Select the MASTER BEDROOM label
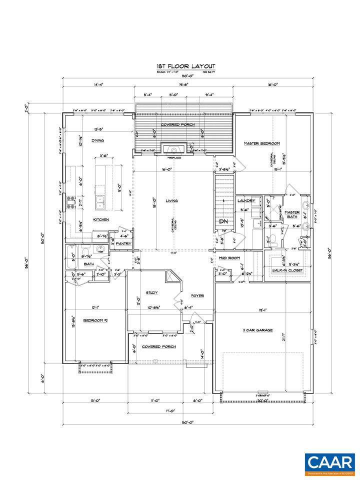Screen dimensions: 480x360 (x=261, y=143)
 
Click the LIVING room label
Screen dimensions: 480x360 (x=171, y=201)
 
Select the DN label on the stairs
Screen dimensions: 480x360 (x=223, y=221)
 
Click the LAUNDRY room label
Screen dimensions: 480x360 (x=246, y=200)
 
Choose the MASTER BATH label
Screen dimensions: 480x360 (x=292, y=214)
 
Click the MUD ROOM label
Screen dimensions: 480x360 (x=230, y=258)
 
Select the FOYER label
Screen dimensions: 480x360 (x=197, y=296)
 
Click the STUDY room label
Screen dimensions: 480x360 (x=152, y=292)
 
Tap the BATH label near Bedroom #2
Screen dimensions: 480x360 (x=89, y=264)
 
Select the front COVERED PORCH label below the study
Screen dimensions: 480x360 (x=154, y=346)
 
